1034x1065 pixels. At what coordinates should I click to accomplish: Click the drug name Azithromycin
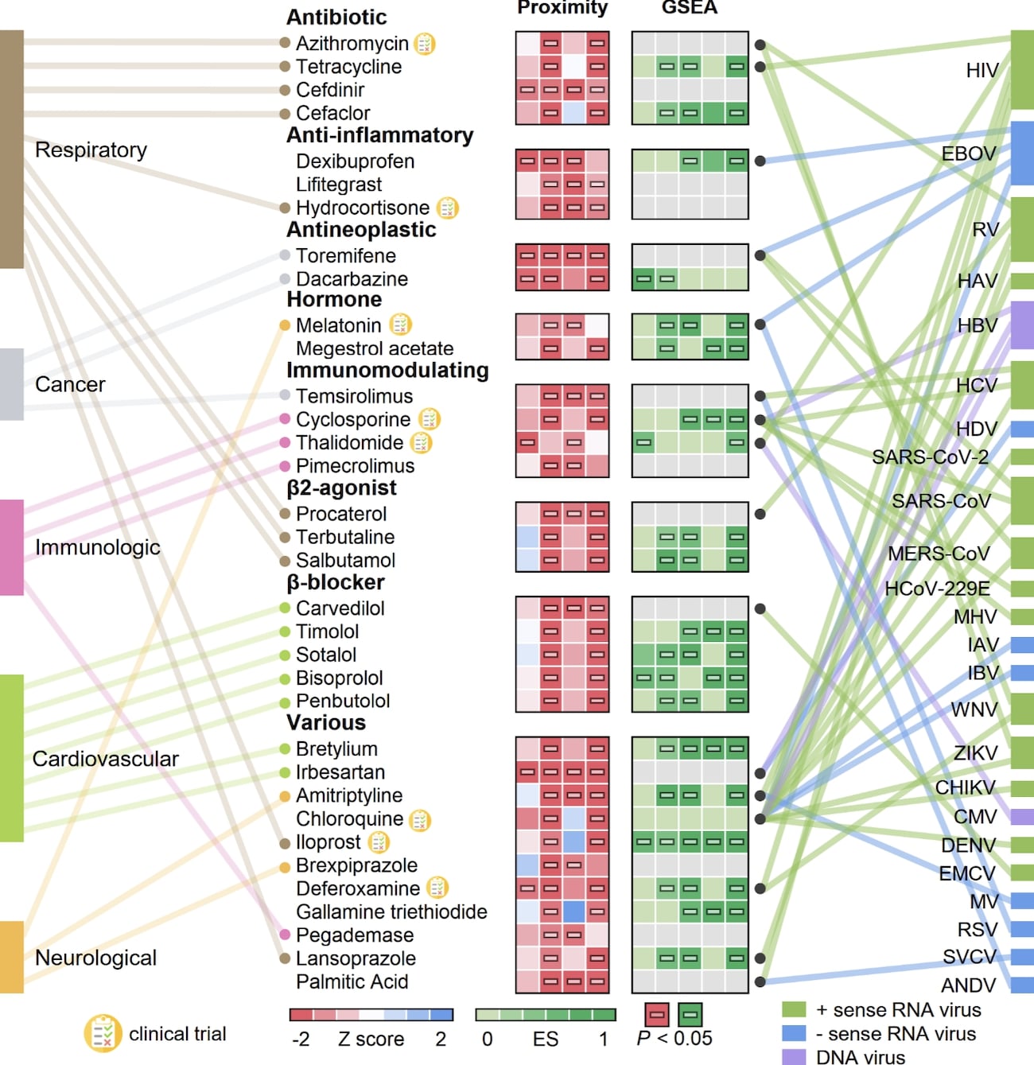tap(352, 44)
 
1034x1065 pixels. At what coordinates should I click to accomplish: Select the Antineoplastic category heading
tap(361, 230)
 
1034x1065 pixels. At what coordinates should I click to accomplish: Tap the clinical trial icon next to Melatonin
tap(400, 325)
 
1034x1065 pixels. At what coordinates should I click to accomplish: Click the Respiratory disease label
tap(91, 150)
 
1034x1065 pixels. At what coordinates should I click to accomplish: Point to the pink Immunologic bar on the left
tap(11, 547)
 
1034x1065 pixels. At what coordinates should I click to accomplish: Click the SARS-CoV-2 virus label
tap(930, 457)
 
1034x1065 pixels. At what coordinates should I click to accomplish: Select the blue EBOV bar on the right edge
tap(1022, 153)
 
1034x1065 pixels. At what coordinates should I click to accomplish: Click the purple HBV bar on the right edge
tap(1022, 325)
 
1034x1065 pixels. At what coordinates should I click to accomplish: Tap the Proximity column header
tap(562, 8)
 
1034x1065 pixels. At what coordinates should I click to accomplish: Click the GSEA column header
tap(689, 8)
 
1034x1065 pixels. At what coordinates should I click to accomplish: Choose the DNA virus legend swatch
tap(794, 1056)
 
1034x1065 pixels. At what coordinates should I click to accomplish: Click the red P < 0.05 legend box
tap(657, 1014)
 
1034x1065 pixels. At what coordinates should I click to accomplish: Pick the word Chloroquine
tap(349, 818)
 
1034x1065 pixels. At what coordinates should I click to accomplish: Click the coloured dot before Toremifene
tap(285, 255)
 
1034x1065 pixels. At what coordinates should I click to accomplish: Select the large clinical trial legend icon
tap(103, 1033)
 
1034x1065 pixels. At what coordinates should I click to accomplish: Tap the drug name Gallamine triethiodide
tap(391, 911)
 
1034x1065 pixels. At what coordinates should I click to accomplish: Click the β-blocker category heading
tap(335, 583)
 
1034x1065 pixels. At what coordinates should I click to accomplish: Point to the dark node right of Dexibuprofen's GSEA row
tap(760, 161)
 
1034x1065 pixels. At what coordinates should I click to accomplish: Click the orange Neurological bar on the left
tap(11, 957)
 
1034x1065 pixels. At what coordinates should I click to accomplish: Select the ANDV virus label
tap(968, 985)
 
